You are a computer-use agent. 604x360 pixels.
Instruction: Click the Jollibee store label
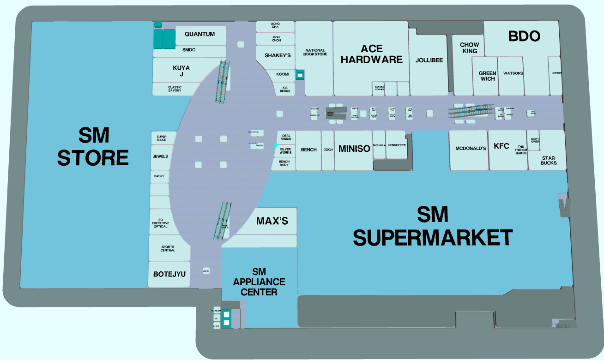coord(429,60)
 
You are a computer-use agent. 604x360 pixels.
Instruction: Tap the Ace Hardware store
coord(372,54)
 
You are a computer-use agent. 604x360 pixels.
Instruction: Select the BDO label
coord(524,36)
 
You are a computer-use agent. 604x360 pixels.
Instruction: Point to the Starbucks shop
coord(549,160)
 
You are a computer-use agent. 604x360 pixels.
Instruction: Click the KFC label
coord(501,146)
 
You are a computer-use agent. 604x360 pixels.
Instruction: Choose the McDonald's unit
coord(471,149)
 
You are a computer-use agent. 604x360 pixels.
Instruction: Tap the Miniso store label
coord(354,149)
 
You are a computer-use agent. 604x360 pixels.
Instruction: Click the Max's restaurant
coord(272,221)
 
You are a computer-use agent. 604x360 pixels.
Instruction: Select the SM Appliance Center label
coord(259,282)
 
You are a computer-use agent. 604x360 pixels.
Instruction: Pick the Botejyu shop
coord(169,274)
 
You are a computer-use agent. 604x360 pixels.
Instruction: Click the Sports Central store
coord(168,249)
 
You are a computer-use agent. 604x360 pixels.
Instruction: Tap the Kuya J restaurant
coord(181,71)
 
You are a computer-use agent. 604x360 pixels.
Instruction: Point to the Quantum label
coord(199,34)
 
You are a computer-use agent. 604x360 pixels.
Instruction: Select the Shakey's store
coord(278,55)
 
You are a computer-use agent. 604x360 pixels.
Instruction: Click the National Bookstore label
coord(315,53)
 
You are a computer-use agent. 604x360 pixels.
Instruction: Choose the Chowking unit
coord(469,48)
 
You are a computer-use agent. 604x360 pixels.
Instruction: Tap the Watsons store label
coord(513,73)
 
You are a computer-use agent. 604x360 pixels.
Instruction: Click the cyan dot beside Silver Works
coord(275,145)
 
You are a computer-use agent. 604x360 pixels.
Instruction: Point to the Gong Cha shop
coord(276,25)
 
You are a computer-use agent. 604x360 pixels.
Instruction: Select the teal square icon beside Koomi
coord(300,74)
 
